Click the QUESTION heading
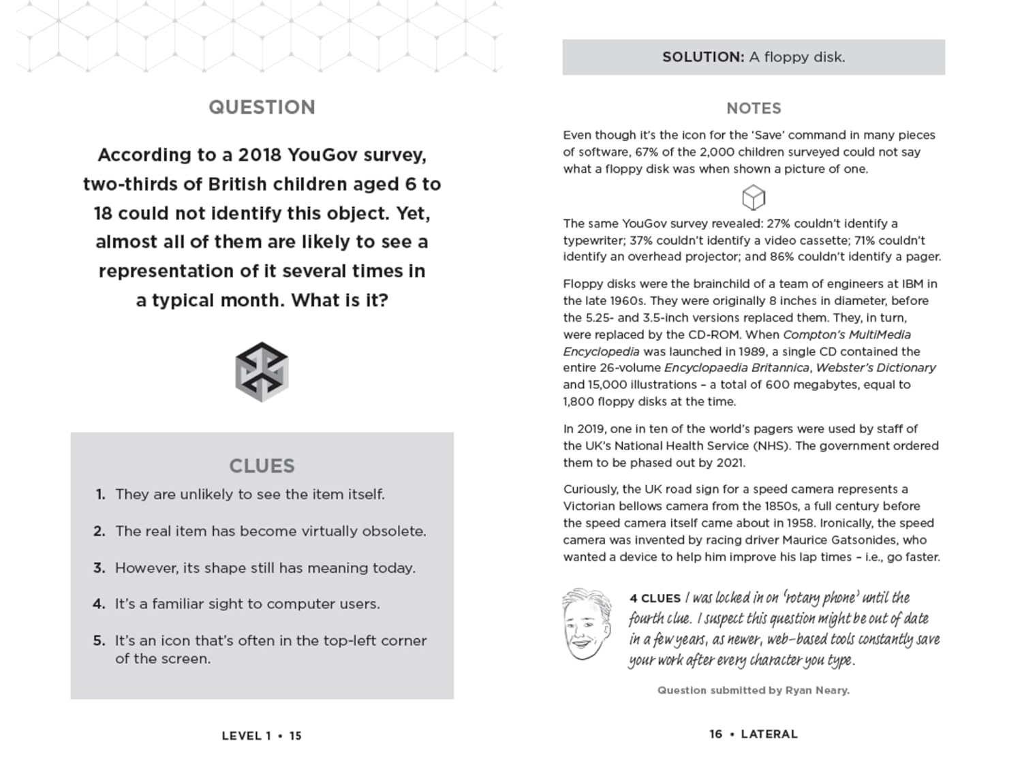(x=262, y=108)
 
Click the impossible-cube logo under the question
(x=262, y=372)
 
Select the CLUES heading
(x=262, y=466)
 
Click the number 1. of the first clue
(x=100, y=495)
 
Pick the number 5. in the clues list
(x=99, y=641)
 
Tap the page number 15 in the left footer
(x=295, y=736)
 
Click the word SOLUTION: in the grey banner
(x=703, y=57)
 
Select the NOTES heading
(x=754, y=108)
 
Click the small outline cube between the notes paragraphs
(x=754, y=198)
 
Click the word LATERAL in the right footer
(x=769, y=734)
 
